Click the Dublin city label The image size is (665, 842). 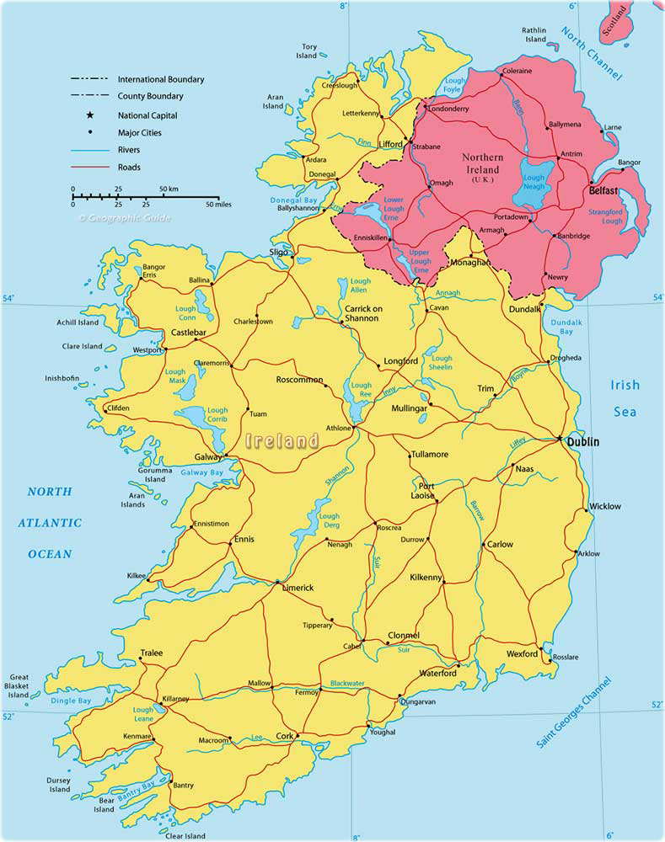pyautogui.click(x=583, y=440)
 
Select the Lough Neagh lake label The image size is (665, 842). pyautogui.click(x=534, y=183)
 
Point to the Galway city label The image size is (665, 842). pyautogui.click(x=207, y=457)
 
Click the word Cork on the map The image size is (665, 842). pyautogui.click(x=285, y=736)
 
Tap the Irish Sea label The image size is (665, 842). pyautogui.click(x=625, y=398)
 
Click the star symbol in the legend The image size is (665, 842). pyautogui.click(x=88, y=115)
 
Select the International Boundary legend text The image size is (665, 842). pyautogui.click(x=160, y=79)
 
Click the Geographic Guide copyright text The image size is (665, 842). pyautogui.click(x=125, y=218)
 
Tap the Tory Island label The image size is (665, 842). pyautogui.click(x=309, y=51)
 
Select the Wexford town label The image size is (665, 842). pyautogui.click(x=522, y=653)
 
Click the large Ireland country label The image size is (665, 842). pyautogui.click(x=282, y=440)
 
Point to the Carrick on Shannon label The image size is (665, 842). pyautogui.click(x=363, y=314)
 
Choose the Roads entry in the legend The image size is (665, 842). pyautogui.click(x=129, y=168)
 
